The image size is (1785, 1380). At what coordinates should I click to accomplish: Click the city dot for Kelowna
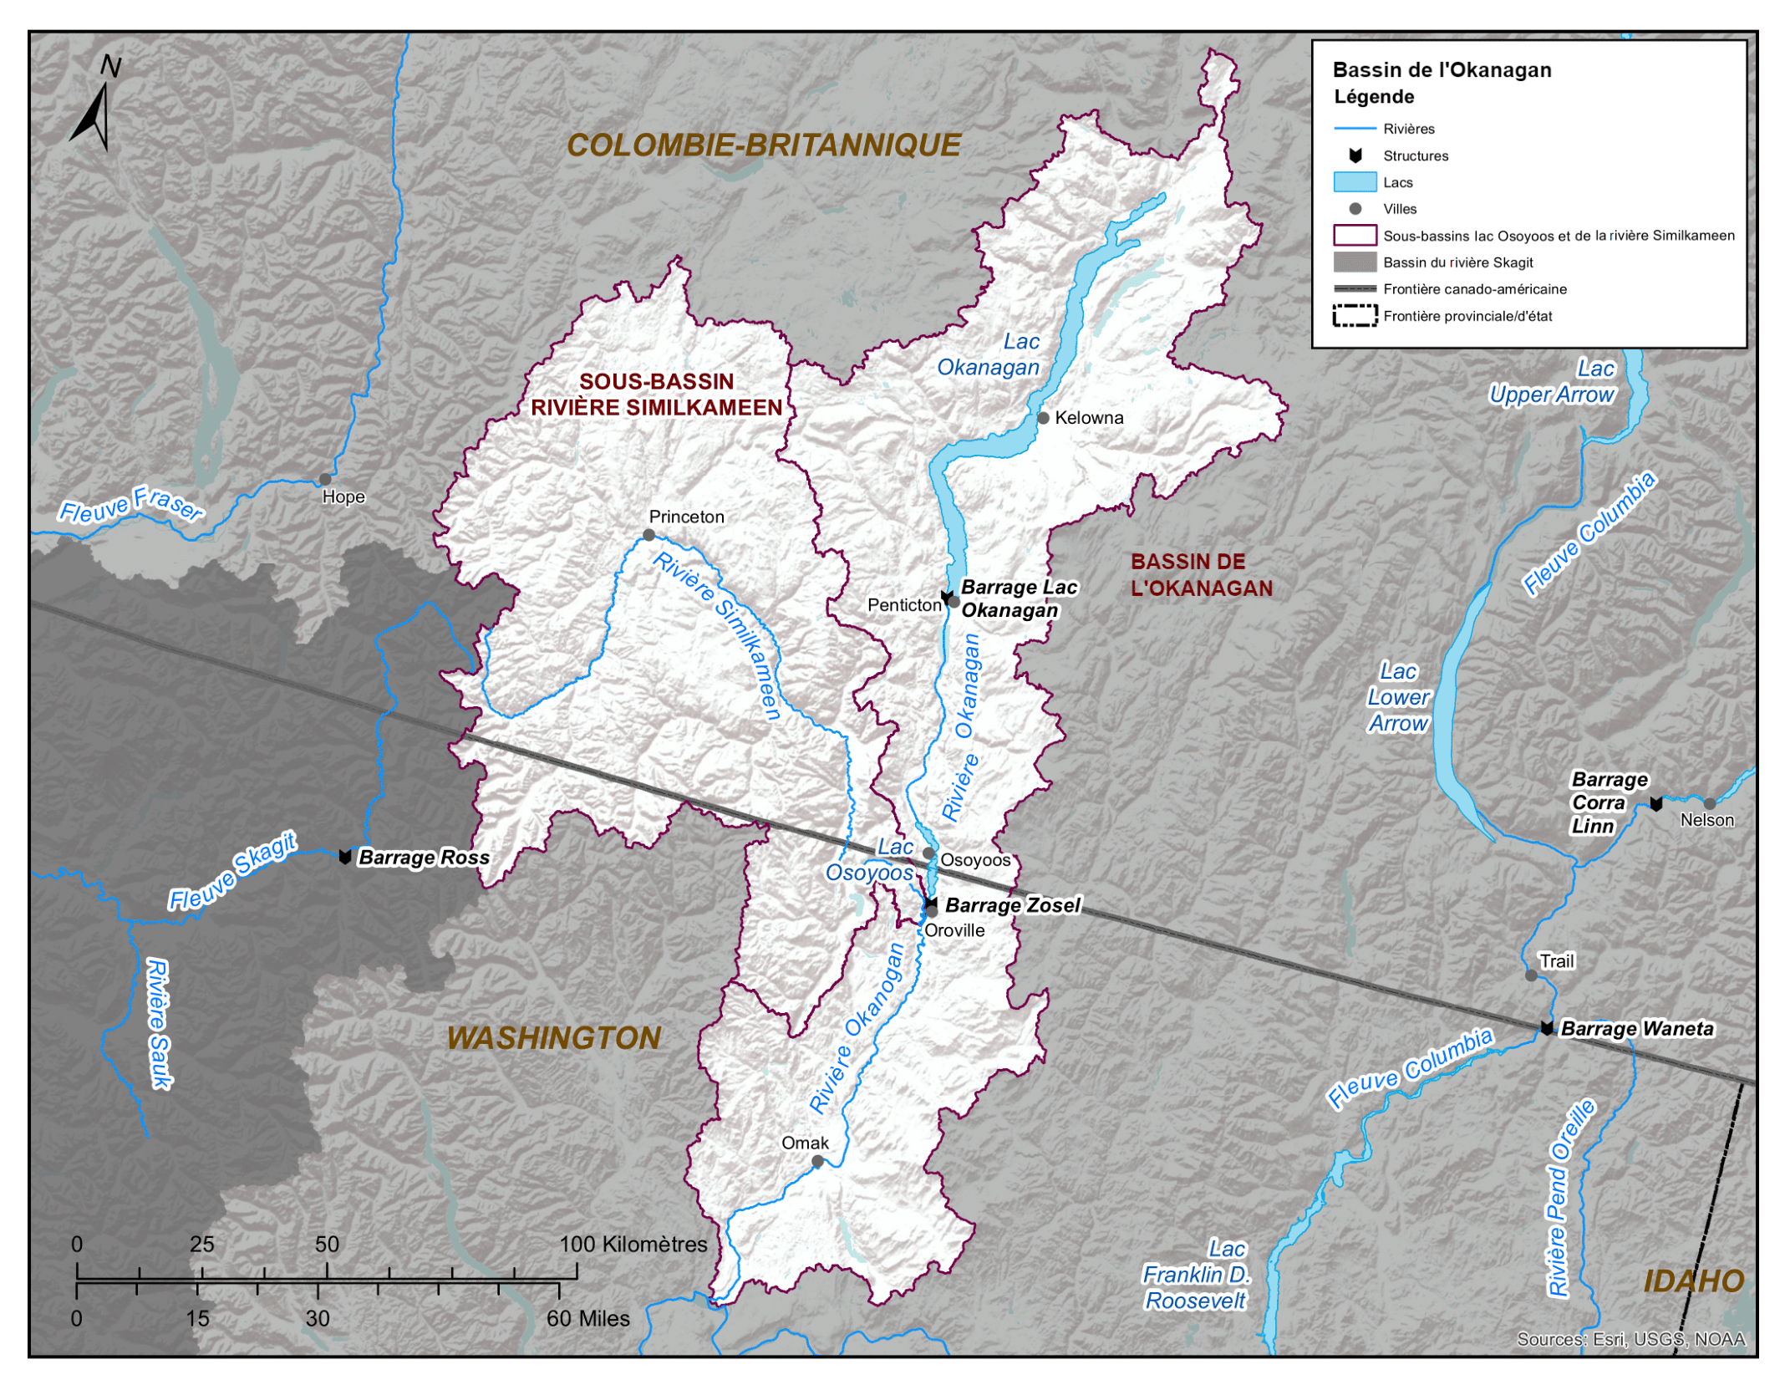point(1043,418)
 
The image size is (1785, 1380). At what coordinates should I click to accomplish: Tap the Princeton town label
point(686,517)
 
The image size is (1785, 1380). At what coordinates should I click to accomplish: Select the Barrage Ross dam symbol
point(344,857)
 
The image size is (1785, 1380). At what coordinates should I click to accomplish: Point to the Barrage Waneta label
point(1636,1029)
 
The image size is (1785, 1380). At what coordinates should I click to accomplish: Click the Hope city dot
point(325,480)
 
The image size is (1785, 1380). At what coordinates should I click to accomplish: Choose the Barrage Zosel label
point(1012,905)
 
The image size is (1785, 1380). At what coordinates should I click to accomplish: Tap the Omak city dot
point(817,1162)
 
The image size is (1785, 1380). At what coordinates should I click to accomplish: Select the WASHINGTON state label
point(553,1038)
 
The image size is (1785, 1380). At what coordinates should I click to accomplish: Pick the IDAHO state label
point(1693,1281)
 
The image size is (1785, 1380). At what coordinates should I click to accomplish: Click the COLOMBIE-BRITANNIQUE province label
point(763,145)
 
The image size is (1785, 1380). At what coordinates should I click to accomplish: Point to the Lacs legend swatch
point(1355,182)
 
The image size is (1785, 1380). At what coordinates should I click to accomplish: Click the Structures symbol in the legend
point(1355,155)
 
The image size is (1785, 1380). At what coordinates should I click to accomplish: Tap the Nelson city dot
point(1709,804)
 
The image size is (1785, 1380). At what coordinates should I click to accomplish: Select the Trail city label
point(1556,961)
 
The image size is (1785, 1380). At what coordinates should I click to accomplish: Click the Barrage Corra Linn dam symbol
point(1655,804)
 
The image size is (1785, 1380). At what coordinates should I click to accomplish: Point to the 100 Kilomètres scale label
point(633,1245)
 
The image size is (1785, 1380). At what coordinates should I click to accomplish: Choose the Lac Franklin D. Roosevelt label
point(1196,1275)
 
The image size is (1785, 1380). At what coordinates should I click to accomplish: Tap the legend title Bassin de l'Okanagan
point(1442,70)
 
